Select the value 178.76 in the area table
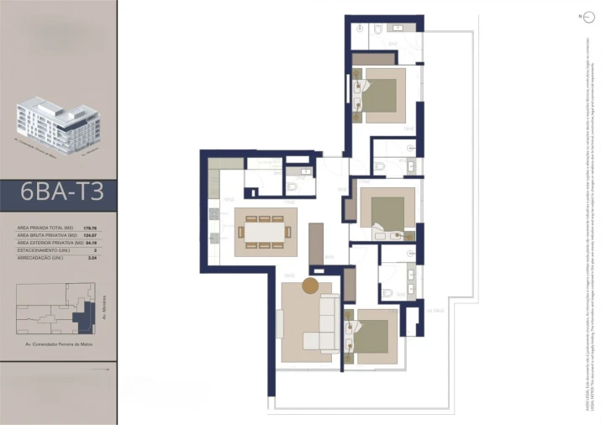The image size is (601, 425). (x=88, y=228)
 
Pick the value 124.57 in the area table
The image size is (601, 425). (x=88, y=235)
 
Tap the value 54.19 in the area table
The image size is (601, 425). (x=88, y=243)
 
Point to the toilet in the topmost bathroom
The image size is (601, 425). (x=379, y=29)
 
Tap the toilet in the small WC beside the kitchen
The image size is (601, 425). (x=291, y=187)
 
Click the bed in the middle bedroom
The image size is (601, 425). (x=388, y=208)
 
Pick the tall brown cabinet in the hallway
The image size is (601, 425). (x=316, y=244)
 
